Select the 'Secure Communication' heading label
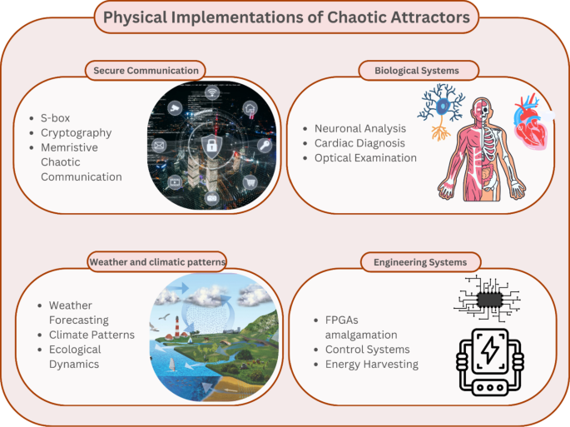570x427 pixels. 146,70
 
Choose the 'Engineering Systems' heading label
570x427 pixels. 420,262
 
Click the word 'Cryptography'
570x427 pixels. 76,132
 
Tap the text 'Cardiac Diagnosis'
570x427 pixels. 359,143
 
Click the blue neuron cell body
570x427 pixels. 440,106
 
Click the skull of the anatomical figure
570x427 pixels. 482,109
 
